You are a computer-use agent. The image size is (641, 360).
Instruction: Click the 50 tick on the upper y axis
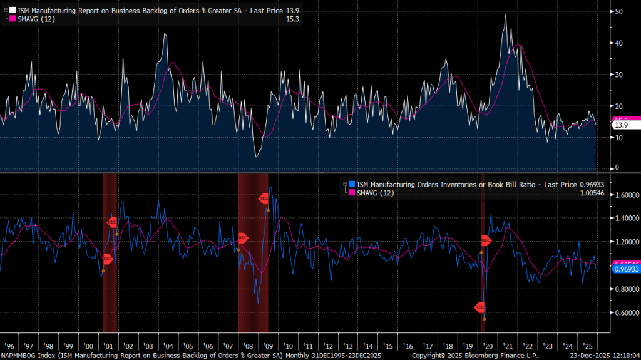pos(618,12)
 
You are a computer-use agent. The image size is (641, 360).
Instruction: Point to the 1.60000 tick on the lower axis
pos(626,195)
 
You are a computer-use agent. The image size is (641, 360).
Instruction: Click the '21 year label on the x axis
pos(505,346)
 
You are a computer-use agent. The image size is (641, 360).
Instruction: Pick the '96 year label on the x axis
pos(10,346)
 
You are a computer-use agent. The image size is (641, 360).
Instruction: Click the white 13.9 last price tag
pos(621,125)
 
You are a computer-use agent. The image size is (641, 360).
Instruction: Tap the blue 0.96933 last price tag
pos(626,269)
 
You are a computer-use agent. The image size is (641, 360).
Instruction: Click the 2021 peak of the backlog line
pos(506,14)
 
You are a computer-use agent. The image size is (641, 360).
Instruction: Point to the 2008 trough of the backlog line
pos(257,156)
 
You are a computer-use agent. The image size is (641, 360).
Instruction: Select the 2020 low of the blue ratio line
pos(485,319)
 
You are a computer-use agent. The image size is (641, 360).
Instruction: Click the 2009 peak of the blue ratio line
pos(270,187)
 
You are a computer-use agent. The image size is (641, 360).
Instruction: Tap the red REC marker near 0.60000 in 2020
pos(479,307)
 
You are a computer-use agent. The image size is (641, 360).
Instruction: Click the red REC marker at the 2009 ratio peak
pos(264,198)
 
